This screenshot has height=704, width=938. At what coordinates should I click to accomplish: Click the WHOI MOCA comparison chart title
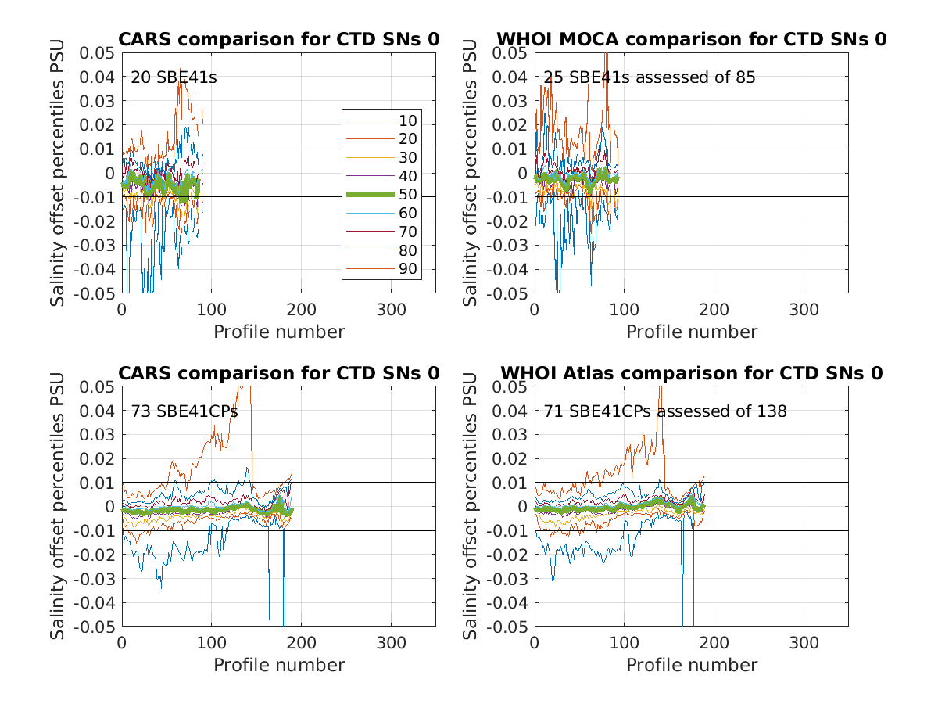pos(692,40)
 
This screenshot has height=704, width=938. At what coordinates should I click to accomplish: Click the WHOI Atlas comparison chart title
pos(692,374)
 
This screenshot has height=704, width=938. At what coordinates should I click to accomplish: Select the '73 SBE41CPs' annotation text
pos(184,411)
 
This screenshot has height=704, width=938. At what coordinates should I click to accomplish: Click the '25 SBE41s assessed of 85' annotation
pos(650,77)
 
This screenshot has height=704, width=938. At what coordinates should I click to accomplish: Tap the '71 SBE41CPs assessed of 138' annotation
pos(665,411)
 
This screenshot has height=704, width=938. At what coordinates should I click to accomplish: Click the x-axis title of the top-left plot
pos(279,332)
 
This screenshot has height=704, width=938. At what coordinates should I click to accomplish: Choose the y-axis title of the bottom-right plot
pos(471,505)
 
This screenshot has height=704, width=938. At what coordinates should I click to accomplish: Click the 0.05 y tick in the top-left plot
pos(97,52)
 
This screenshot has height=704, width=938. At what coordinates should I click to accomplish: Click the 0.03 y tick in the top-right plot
pos(510,101)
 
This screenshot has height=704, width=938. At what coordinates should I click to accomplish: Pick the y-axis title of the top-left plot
pos(59,172)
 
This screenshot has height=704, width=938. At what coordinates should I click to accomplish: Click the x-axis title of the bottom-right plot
pos(692,665)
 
